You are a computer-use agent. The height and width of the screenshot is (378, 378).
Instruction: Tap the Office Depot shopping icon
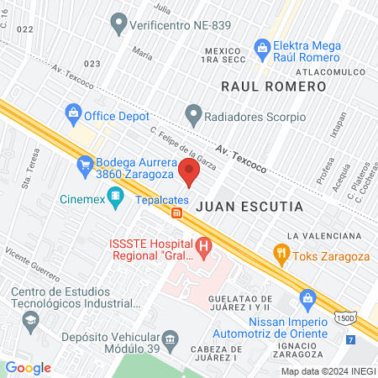pyautogui.click(x=73, y=112)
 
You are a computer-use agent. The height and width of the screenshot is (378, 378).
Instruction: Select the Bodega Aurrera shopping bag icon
pyautogui.click(x=83, y=165)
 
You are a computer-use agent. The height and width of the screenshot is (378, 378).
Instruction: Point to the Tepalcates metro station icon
pyautogui.click(x=176, y=213)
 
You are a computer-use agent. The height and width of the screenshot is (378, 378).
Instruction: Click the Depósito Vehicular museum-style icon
pyautogui.click(x=171, y=339)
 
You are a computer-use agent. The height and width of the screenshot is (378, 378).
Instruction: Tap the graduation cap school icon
pyautogui.click(x=30, y=320)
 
